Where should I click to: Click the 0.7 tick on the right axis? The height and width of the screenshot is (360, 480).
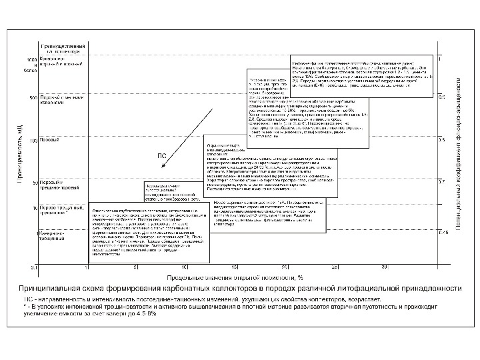pos(441,181)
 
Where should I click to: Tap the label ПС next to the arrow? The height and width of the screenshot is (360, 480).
pos(161,155)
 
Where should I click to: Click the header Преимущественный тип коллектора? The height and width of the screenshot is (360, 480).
pos(60,49)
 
